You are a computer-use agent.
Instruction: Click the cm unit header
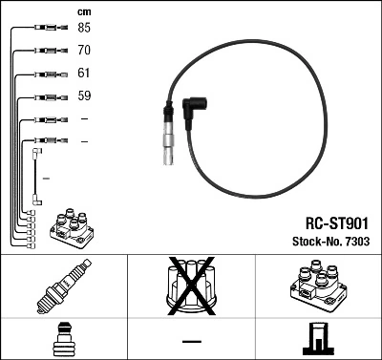tap(83, 11)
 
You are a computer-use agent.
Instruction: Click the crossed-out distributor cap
tap(192, 287)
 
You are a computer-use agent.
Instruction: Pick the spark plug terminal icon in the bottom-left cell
tap(63, 340)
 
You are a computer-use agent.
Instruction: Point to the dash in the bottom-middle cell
tap(191, 341)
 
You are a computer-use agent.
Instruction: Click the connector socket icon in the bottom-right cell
tap(318, 340)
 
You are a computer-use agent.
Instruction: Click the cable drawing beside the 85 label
tap(42, 27)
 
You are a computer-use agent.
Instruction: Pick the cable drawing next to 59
tap(42, 95)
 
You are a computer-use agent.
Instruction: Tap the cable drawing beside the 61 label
tap(42, 73)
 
